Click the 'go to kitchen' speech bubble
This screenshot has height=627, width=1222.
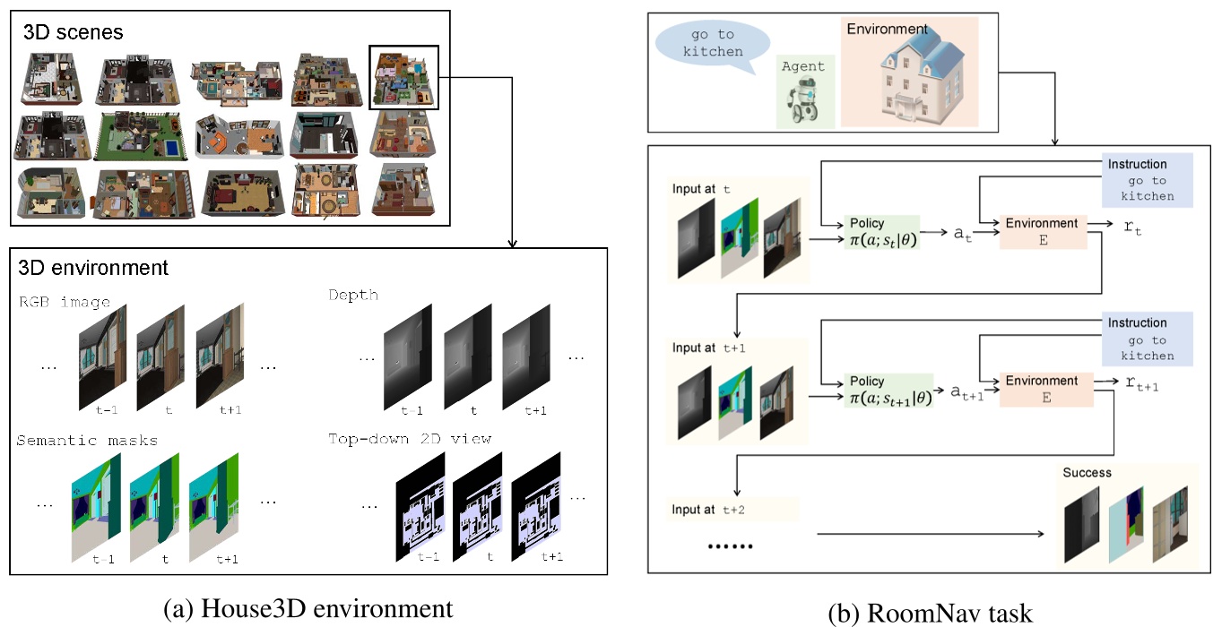[712, 43]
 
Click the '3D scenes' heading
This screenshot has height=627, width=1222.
[74, 32]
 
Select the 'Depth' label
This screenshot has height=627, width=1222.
[353, 295]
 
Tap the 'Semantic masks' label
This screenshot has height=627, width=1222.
[86, 440]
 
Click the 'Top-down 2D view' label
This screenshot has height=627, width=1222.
[410, 439]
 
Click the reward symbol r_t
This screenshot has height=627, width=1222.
[1133, 229]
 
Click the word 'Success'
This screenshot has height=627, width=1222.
[1087, 472]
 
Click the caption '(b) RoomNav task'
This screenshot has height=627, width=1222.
[938, 614]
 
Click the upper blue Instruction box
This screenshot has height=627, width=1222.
[1148, 180]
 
